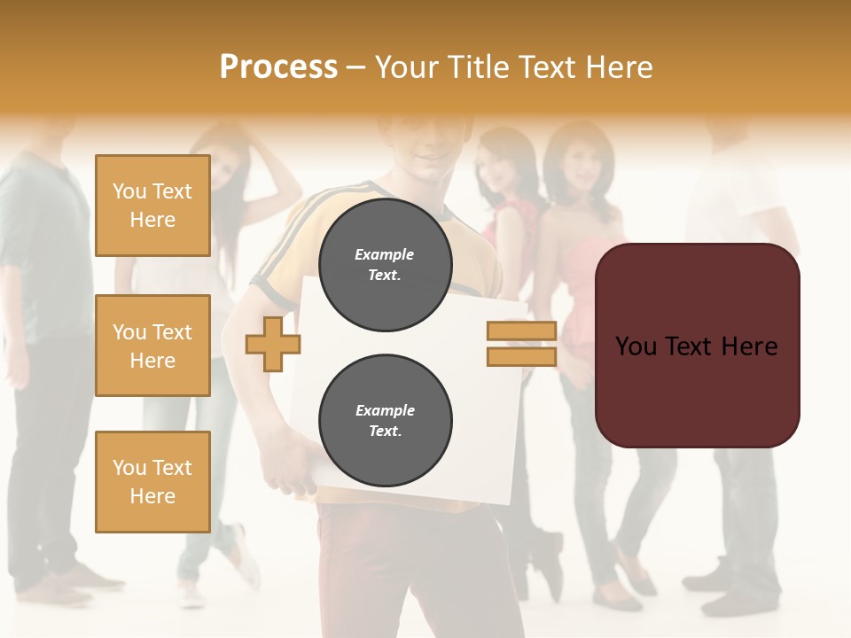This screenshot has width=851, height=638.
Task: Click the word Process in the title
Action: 278,67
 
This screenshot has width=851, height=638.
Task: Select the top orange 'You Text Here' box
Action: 152,206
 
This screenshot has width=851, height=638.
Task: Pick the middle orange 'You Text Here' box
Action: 152,346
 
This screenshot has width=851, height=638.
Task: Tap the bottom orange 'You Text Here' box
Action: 152,481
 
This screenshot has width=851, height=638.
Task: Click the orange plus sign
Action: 272,344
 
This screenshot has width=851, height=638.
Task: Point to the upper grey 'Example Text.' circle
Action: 385,265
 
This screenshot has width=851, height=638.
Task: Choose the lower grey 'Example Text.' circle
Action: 385,421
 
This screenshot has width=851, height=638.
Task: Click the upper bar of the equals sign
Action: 521,331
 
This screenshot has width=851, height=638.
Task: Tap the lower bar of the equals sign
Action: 521,356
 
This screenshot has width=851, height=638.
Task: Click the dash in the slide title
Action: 355,67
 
